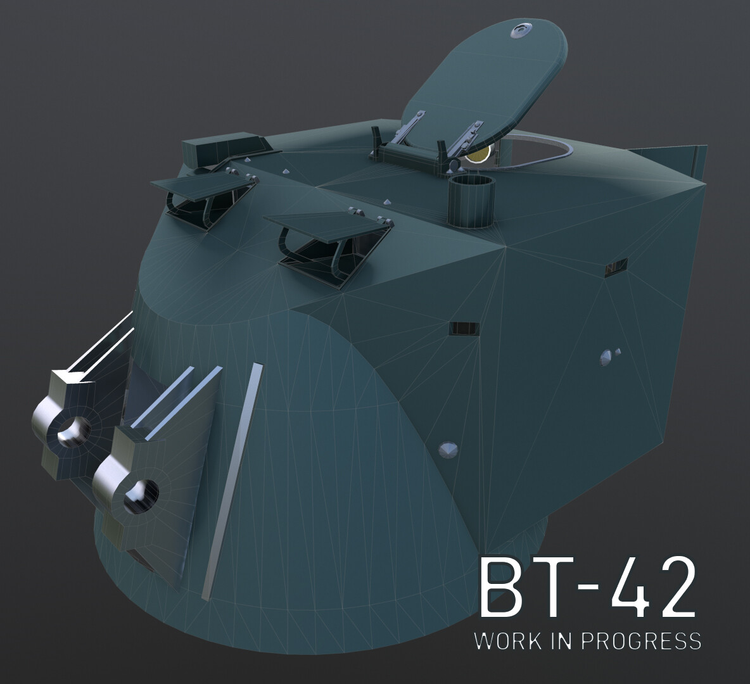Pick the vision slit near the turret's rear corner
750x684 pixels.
[615, 267]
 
